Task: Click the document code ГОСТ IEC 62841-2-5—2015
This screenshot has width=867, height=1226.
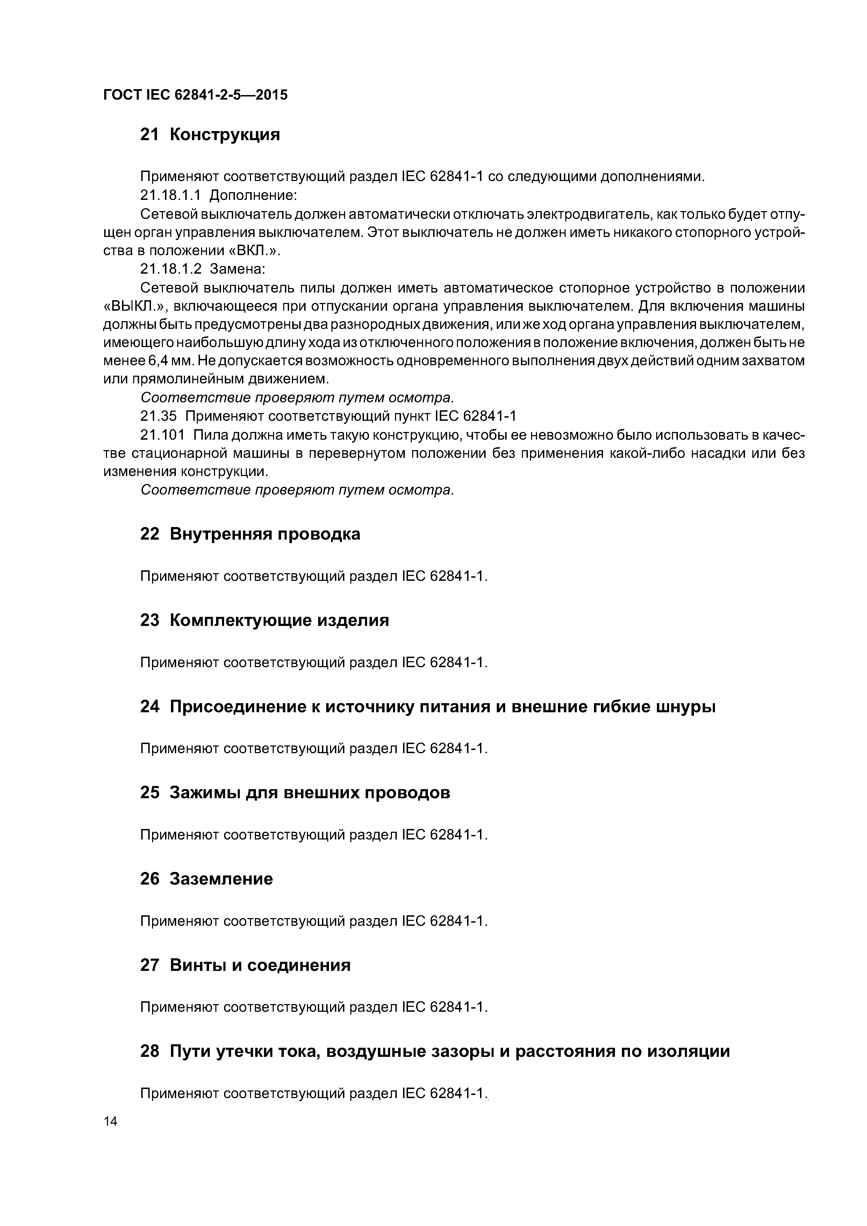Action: pos(195,95)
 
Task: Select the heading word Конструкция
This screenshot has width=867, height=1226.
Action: pos(224,135)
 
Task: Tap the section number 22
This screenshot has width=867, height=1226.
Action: pos(150,534)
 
